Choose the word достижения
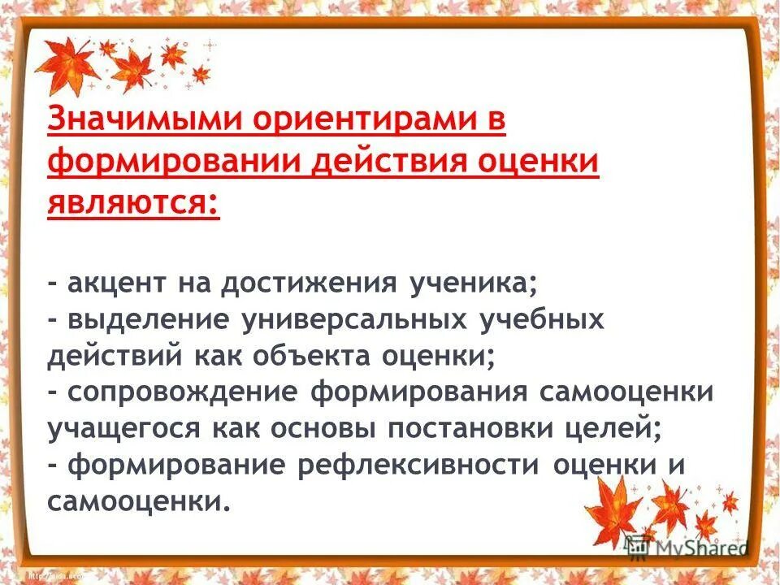(x=318, y=284)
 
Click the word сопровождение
(x=183, y=392)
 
